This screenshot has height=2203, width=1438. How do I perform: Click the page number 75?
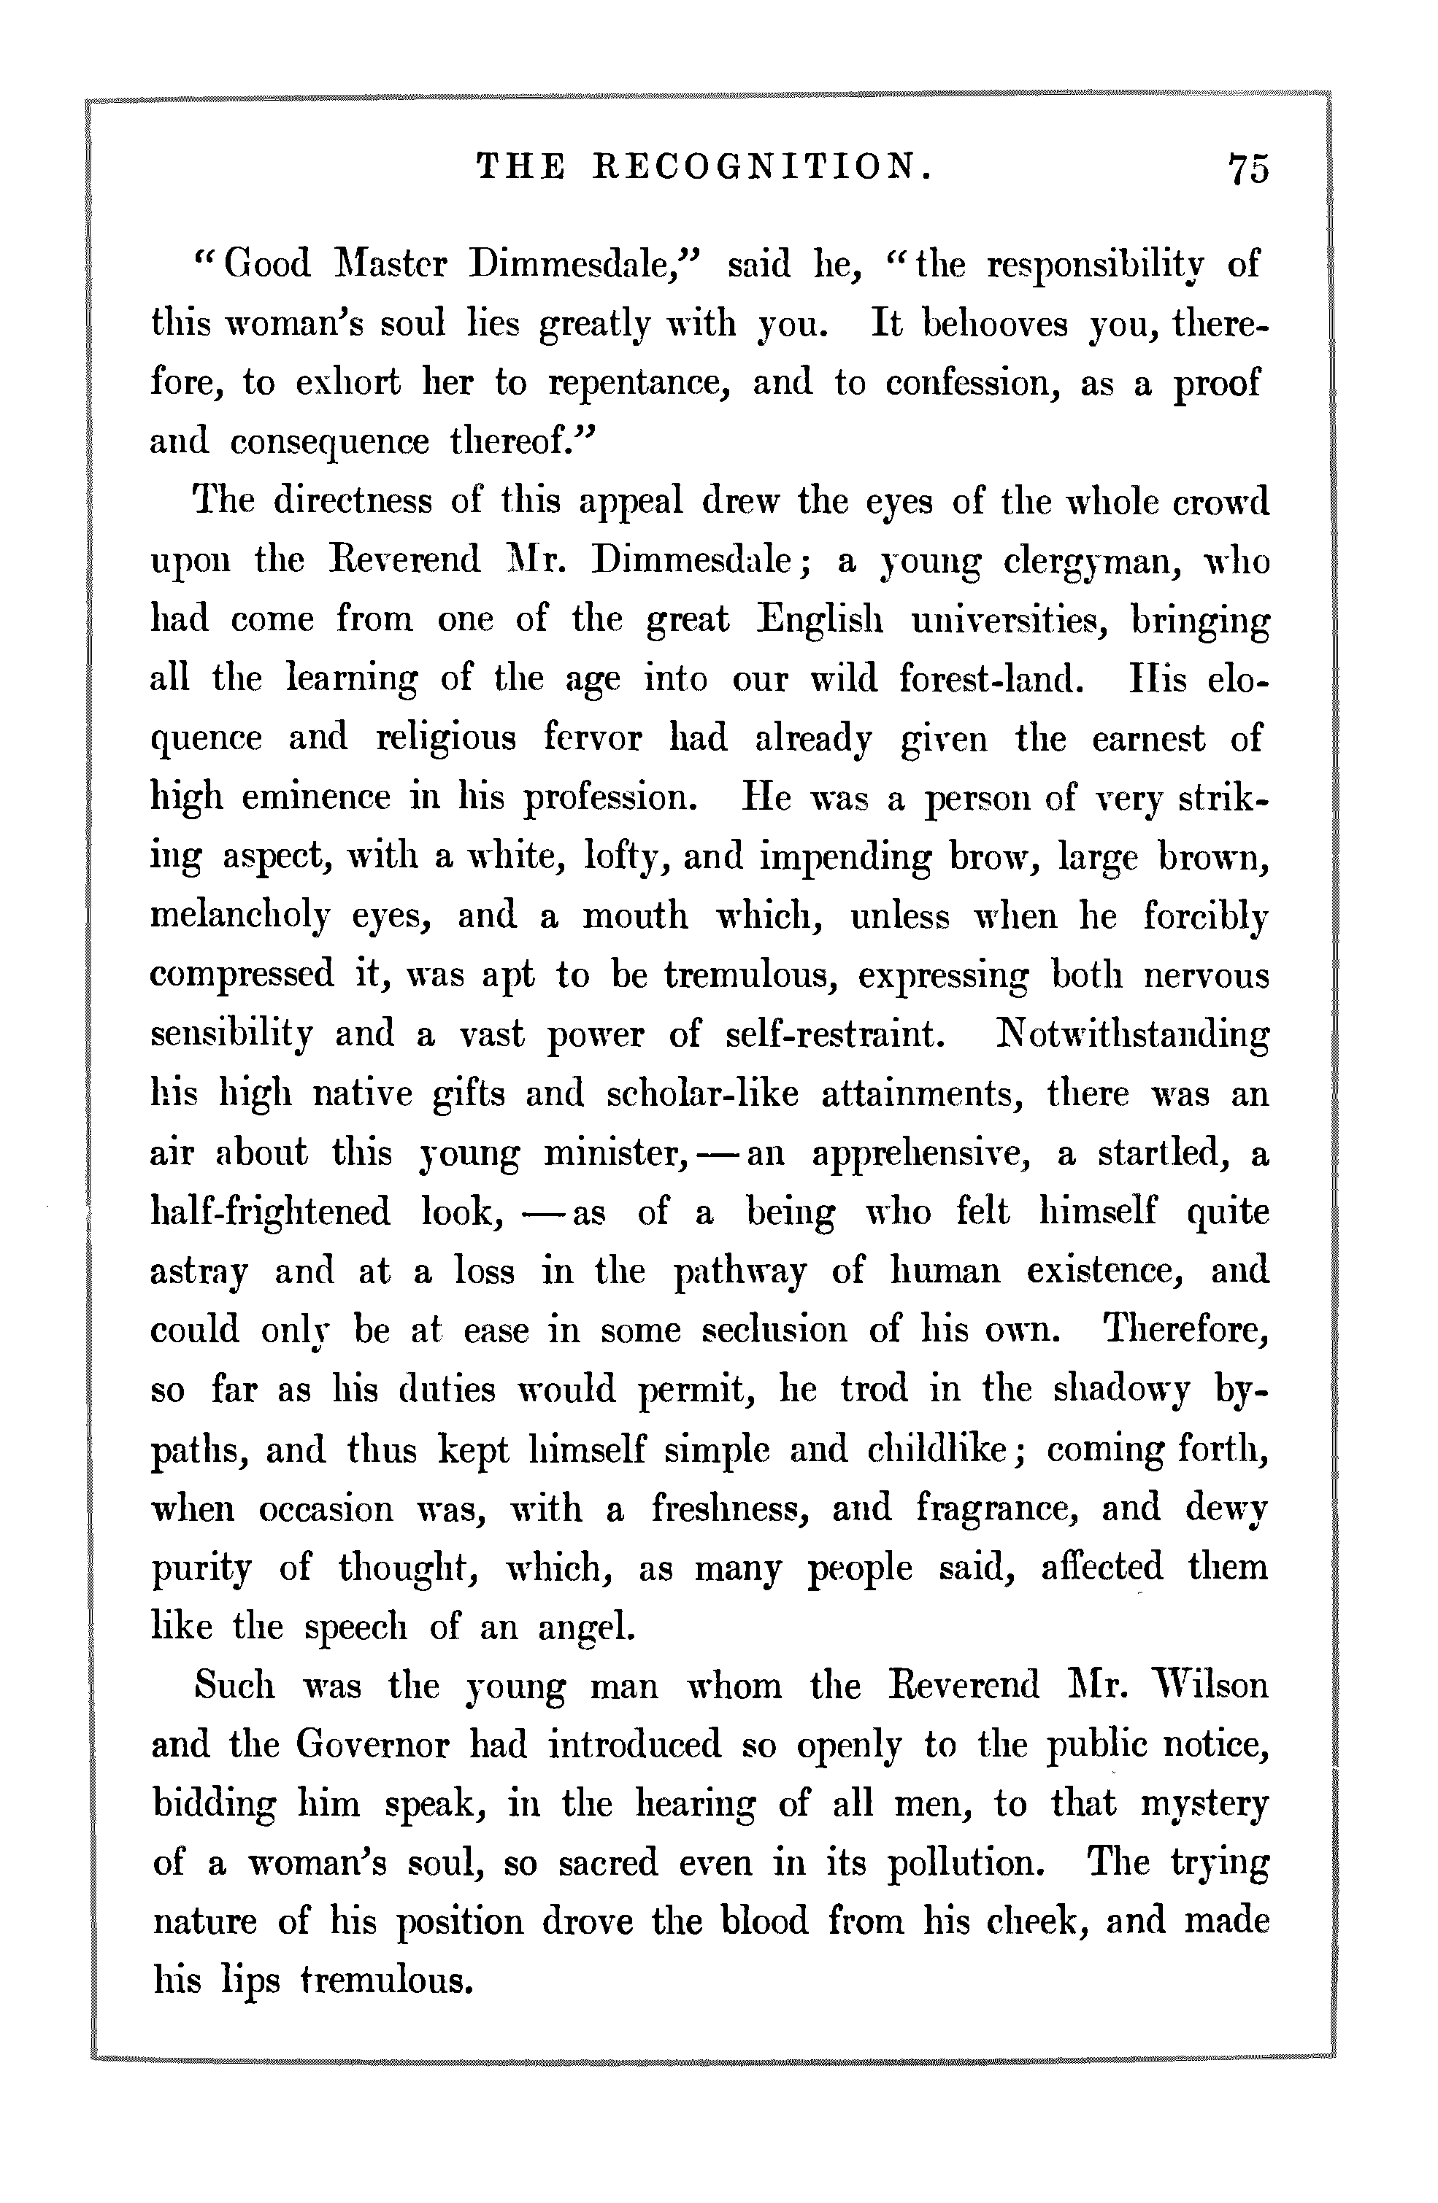1248,169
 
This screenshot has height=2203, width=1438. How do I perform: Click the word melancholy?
240,916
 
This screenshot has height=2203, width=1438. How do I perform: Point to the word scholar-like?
702,1094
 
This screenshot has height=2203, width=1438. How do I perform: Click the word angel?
586,1626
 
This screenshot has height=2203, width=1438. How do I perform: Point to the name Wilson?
1210,1686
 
